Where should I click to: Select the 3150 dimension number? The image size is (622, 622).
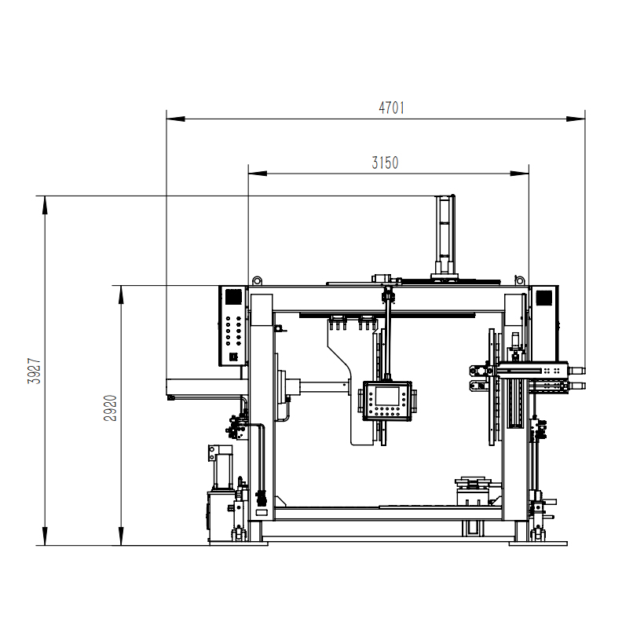385,163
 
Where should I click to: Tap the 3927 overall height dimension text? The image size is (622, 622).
34,371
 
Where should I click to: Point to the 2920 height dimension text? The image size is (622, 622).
111,408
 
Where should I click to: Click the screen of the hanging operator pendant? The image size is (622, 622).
386,396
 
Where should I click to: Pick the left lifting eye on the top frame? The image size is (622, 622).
256,282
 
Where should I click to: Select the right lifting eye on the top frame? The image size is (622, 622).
519,282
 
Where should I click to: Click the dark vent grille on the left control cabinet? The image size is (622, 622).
232,298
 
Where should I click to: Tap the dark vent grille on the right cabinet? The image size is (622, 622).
543,298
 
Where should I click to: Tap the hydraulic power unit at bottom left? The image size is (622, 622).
225,515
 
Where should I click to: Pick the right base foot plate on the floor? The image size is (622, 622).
538,543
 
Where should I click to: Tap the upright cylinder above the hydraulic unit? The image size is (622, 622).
222,466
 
